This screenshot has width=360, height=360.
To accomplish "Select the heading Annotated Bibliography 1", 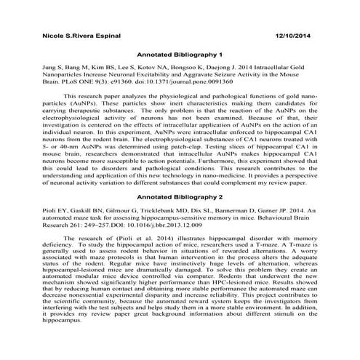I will (x=180, y=55).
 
